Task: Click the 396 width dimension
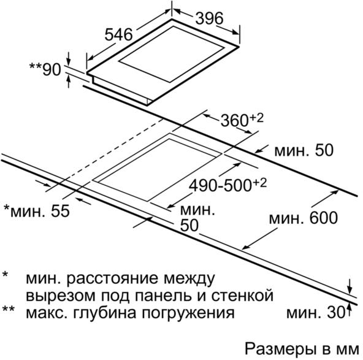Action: pos(209,18)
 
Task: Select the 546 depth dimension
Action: pos(118,34)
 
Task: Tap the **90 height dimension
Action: pos(45,69)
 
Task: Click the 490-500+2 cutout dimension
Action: pos(228,185)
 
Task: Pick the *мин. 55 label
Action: pos(37,211)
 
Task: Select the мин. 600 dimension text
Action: pos(304,218)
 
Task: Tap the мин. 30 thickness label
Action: pos(316,313)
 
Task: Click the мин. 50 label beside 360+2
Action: pos(304,150)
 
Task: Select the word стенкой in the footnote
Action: pos(242,296)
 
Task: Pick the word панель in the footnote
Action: pos(166,296)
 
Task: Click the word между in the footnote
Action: pos(189,278)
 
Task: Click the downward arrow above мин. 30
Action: pos(350,286)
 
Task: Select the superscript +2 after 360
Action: pos(256,118)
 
